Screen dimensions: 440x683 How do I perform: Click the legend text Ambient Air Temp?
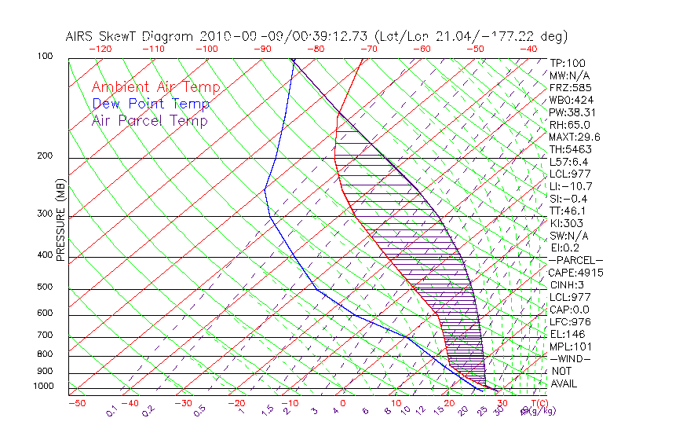[x=155, y=87]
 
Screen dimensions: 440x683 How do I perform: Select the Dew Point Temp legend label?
[x=151, y=104]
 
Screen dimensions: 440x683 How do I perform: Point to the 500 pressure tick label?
[x=46, y=288]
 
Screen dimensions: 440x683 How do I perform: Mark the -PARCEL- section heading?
[x=575, y=260]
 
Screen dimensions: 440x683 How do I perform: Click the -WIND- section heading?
[x=571, y=358]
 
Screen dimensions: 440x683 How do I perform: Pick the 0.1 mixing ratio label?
[x=112, y=410]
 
